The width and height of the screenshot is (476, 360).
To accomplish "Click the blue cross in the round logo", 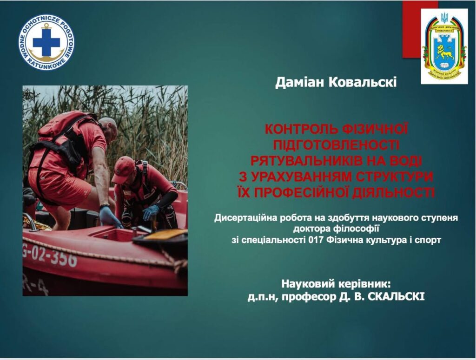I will [x=46, y=43].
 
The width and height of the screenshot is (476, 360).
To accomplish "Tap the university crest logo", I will [x=444, y=46].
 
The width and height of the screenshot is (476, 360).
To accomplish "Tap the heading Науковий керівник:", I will [x=336, y=283].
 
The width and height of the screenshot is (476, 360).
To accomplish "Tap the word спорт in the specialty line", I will [x=428, y=240].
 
